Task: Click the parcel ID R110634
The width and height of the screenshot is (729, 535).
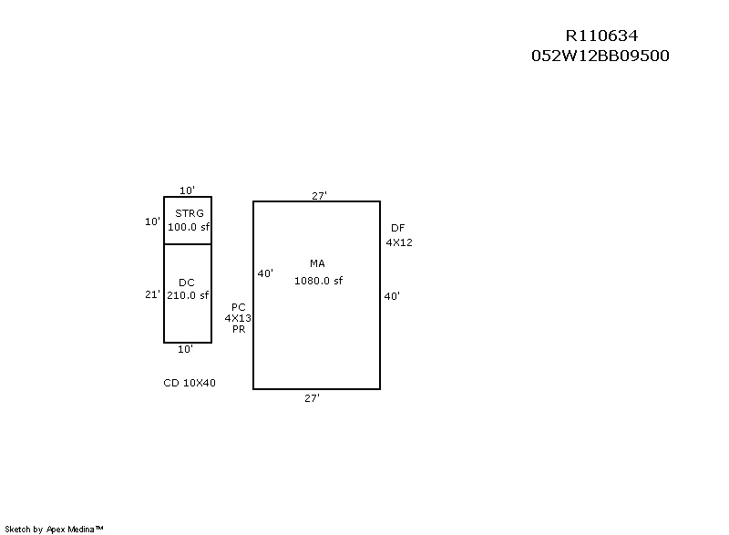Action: (601, 36)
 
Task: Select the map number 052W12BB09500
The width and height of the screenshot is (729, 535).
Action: (601, 56)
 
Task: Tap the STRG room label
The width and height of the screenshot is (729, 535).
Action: (190, 213)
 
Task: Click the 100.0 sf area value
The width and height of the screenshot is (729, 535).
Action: (189, 227)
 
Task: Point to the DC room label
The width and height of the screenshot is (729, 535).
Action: (187, 283)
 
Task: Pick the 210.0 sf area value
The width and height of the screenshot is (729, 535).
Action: (188, 295)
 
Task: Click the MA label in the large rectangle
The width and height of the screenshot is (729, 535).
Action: (318, 263)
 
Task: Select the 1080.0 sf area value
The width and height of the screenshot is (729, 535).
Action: (318, 281)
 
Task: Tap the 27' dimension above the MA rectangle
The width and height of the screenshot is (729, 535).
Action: (319, 196)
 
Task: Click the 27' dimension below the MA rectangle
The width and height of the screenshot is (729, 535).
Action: (312, 398)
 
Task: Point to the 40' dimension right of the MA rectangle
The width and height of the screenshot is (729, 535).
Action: (392, 296)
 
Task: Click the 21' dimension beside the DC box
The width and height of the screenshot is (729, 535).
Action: (152, 294)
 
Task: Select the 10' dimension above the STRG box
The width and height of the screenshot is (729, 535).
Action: (187, 190)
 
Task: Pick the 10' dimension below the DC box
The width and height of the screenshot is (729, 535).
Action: (185, 349)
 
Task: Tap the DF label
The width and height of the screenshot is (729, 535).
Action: (398, 228)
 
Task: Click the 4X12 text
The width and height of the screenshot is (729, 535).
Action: (399, 242)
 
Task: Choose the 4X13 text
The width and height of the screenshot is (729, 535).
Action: (238, 318)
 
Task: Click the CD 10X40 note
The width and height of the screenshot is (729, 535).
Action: (190, 383)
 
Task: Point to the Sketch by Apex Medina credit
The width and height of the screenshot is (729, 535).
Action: (54, 529)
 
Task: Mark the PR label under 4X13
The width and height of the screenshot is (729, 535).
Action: (238, 329)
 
